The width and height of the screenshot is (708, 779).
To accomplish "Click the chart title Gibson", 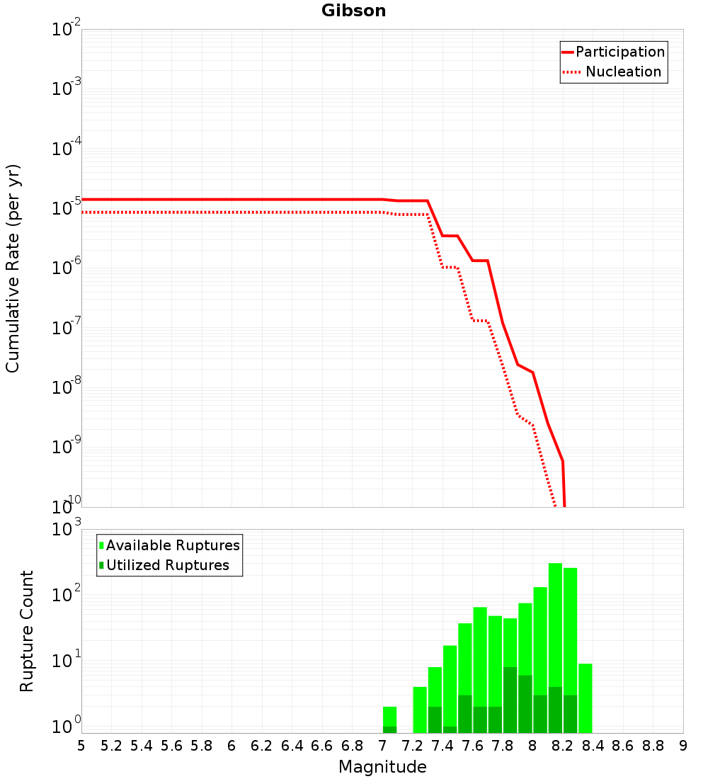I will (353, 11).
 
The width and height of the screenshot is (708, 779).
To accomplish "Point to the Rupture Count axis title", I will (27, 631).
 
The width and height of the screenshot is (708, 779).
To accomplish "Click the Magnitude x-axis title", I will (382, 767).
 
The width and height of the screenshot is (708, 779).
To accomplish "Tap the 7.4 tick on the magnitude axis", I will (442, 746).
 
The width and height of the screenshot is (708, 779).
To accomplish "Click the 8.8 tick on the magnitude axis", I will (653, 746).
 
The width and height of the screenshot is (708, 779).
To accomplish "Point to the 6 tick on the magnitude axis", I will (232, 746).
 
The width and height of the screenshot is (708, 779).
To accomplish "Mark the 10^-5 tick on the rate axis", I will (67, 209).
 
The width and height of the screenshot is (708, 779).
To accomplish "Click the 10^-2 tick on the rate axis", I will (67, 30).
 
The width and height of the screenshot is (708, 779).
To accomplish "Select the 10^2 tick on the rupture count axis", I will (67, 595).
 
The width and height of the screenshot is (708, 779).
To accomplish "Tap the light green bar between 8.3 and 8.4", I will (586, 698).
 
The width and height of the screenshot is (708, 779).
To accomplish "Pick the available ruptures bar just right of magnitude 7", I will (389, 715).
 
